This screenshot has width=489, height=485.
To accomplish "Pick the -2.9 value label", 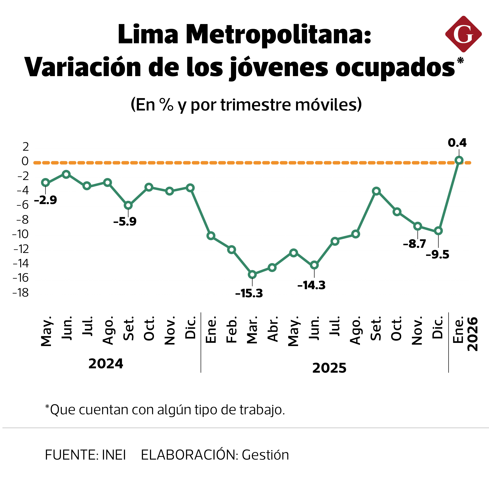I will coord(46,200).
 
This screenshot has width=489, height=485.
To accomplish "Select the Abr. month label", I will coord(273,329).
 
